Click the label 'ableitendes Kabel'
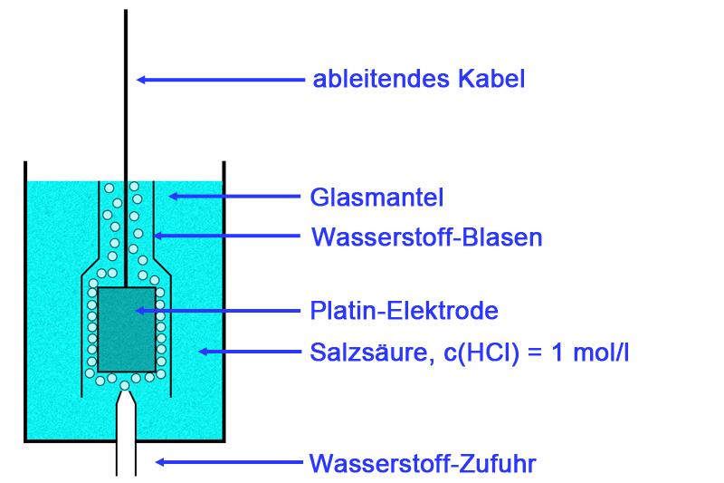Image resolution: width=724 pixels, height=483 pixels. click(x=419, y=79)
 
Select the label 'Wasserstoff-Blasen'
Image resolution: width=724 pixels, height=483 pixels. click(x=426, y=237)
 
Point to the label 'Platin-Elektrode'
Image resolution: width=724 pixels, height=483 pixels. click(x=404, y=311)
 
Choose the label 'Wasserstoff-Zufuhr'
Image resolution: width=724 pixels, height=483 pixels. click(x=423, y=464)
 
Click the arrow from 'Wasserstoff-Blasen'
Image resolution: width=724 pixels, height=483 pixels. click(x=225, y=237)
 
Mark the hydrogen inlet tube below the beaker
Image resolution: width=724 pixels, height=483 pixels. click(x=125, y=444)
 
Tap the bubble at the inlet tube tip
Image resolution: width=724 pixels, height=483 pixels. click(x=125, y=385)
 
